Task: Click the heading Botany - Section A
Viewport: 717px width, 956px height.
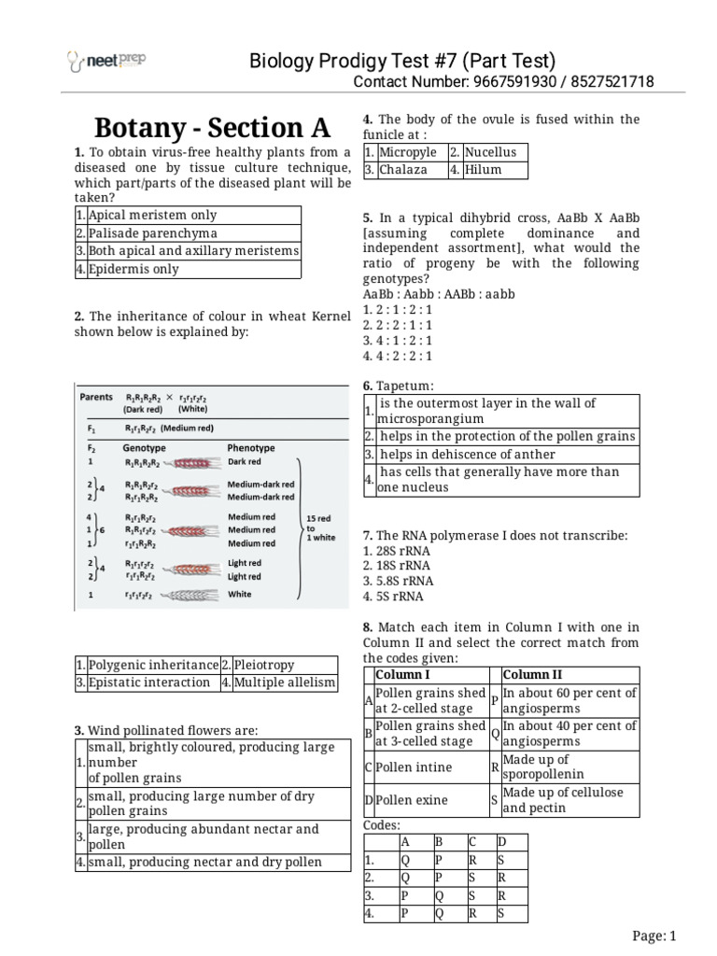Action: tap(213, 129)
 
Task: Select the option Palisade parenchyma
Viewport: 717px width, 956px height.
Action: tap(152, 233)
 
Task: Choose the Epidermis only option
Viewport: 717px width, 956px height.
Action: tap(133, 269)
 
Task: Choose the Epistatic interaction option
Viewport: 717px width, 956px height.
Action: tap(149, 682)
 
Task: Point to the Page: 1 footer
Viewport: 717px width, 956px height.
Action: tap(654, 936)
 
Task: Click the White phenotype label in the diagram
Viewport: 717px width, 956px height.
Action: tap(240, 595)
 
